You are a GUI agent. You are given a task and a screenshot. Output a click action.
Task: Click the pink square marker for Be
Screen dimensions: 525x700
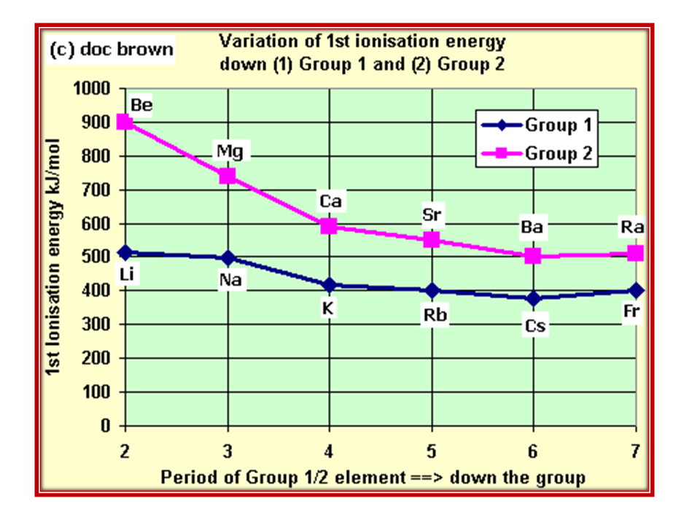pos(125,122)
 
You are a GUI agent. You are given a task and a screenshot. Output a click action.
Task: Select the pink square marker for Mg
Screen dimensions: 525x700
pos(227,176)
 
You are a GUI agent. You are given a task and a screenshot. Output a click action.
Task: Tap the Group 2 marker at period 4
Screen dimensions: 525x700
pos(329,226)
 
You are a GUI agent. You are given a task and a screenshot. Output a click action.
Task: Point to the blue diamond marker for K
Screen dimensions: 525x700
pos(329,284)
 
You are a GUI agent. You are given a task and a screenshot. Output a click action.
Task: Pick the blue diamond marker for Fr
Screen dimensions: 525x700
pos(635,290)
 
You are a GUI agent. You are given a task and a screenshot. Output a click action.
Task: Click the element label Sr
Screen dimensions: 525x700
pos(432,215)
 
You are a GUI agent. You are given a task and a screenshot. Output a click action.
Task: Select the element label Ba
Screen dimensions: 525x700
pos(532,228)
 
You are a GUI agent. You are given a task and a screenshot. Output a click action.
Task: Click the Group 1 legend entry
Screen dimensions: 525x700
pos(537,125)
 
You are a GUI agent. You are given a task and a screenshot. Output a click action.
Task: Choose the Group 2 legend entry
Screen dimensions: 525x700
pos(537,154)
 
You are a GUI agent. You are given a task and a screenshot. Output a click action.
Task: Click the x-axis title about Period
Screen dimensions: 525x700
pos(373,478)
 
